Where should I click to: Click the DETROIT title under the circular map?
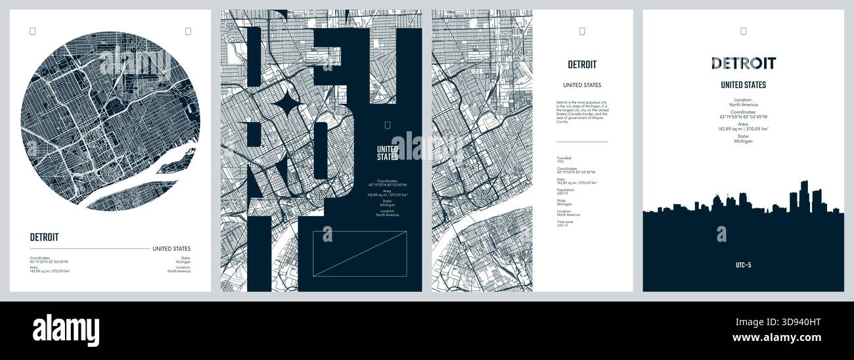[x=44, y=237]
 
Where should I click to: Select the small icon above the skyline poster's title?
[x=743, y=31]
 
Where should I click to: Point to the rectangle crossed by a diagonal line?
[x=359, y=252]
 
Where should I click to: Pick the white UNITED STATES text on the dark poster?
[x=388, y=152]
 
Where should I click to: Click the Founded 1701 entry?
[x=564, y=160]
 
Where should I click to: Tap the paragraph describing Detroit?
[x=581, y=112]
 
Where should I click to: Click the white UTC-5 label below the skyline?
[x=743, y=265]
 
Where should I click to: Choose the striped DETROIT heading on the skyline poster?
[x=743, y=64]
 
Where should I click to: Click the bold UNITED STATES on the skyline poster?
[x=743, y=85]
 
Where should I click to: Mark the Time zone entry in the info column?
[x=565, y=223]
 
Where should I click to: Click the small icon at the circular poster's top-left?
[x=33, y=31]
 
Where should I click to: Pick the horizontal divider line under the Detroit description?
[x=581, y=141]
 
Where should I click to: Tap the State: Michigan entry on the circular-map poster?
[x=183, y=259]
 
